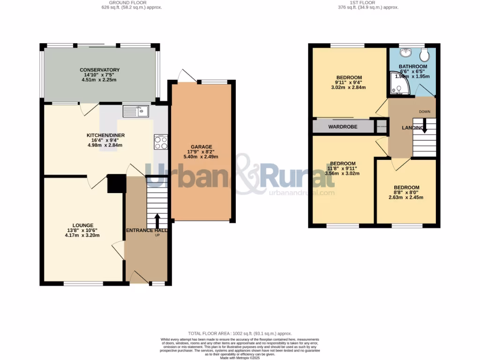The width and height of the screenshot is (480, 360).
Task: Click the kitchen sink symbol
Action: (x=135, y=111)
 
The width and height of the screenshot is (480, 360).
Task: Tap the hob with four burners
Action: (x=161, y=142)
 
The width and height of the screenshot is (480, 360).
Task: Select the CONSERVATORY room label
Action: (x=99, y=70)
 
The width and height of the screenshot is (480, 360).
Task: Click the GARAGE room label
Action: (x=201, y=147)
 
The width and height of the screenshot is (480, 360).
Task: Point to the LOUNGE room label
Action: (x=82, y=225)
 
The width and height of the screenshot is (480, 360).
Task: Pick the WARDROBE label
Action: (x=343, y=127)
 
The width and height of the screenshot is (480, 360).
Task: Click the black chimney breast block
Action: (x=117, y=183)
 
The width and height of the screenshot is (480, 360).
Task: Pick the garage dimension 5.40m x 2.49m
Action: (x=201, y=157)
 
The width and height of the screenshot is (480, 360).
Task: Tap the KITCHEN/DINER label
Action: (x=105, y=135)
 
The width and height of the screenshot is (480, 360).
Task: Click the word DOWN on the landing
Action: (x=424, y=112)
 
